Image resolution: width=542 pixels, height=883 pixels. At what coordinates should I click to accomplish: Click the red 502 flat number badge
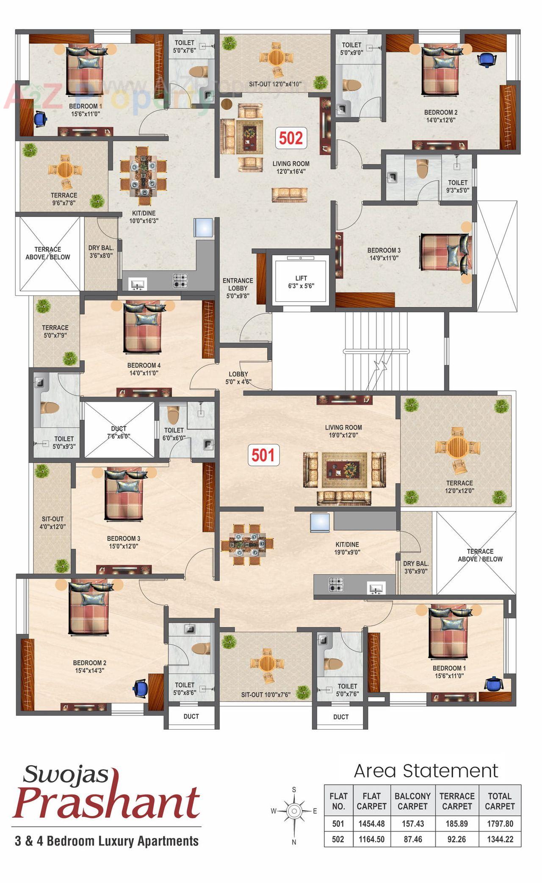(291, 138)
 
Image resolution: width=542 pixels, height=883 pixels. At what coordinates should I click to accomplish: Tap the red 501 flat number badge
(263, 455)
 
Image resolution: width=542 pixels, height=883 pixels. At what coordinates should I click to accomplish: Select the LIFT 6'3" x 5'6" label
(301, 282)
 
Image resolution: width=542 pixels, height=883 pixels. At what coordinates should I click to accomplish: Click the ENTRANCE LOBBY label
(238, 288)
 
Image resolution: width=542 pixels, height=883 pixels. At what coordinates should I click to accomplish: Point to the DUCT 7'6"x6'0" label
(119, 432)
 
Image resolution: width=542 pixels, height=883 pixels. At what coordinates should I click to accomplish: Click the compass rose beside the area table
(294, 811)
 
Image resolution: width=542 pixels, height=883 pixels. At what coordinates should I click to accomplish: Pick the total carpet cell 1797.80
(500, 824)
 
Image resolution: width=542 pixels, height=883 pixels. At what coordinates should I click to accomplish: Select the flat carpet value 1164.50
(371, 839)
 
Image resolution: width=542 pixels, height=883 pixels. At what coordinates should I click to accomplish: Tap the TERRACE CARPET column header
(457, 801)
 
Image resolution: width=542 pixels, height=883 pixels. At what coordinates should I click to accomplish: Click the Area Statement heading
(426, 771)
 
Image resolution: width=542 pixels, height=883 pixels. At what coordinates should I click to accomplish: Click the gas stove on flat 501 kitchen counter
(336, 585)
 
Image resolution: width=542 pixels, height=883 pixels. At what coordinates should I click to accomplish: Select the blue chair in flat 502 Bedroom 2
(487, 59)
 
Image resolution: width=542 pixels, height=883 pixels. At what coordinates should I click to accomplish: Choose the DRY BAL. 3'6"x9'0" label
(415, 567)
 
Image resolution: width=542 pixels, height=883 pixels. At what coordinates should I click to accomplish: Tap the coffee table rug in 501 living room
(344, 469)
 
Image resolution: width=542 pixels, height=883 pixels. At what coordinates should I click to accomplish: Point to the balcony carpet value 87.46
(412, 839)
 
